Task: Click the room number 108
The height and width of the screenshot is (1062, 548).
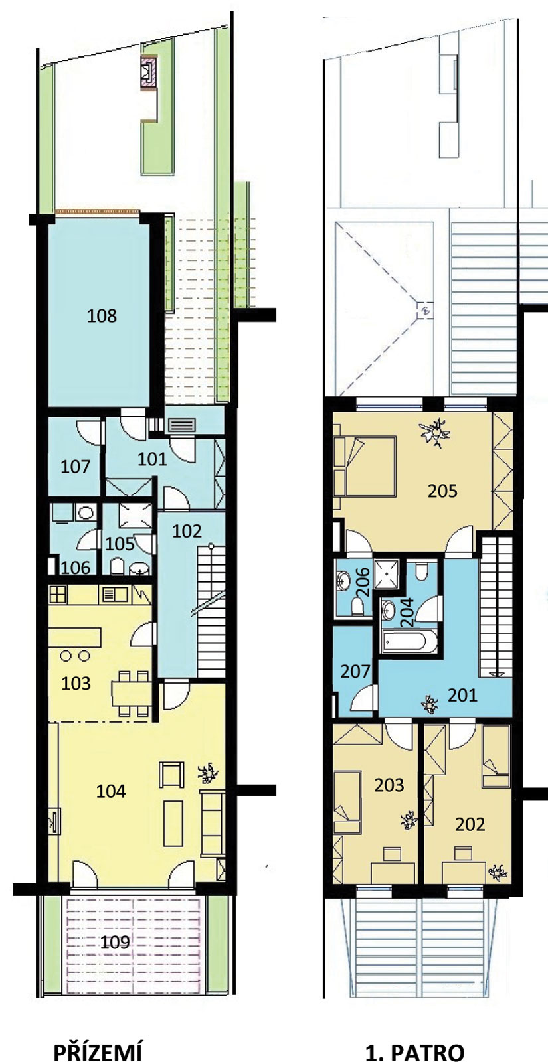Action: pyautogui.click(x=102, y=315)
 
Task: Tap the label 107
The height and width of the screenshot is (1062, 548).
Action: pyautogui.click(x=75, y=467)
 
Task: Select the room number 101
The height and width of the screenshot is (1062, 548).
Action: pyautogui.click(x=152, y=459)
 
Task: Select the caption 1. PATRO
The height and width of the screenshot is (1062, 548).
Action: pyautogui.click(x=414, y=1050)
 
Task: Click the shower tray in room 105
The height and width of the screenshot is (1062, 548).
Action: pyautogui.click(x=136, y=515)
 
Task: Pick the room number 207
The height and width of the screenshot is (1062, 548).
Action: pyautogui.click(x=355, y=671)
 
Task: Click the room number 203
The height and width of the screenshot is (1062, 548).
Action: pyautogui.click(x=389, y=785)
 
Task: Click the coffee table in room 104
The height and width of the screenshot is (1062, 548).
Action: pyautogui.click(x=173, y=824)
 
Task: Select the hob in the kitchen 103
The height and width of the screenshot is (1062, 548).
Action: pyautogui.click(x=57, y=595)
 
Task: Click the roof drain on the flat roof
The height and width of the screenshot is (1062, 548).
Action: pyautogui.click(x=426, y=311)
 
